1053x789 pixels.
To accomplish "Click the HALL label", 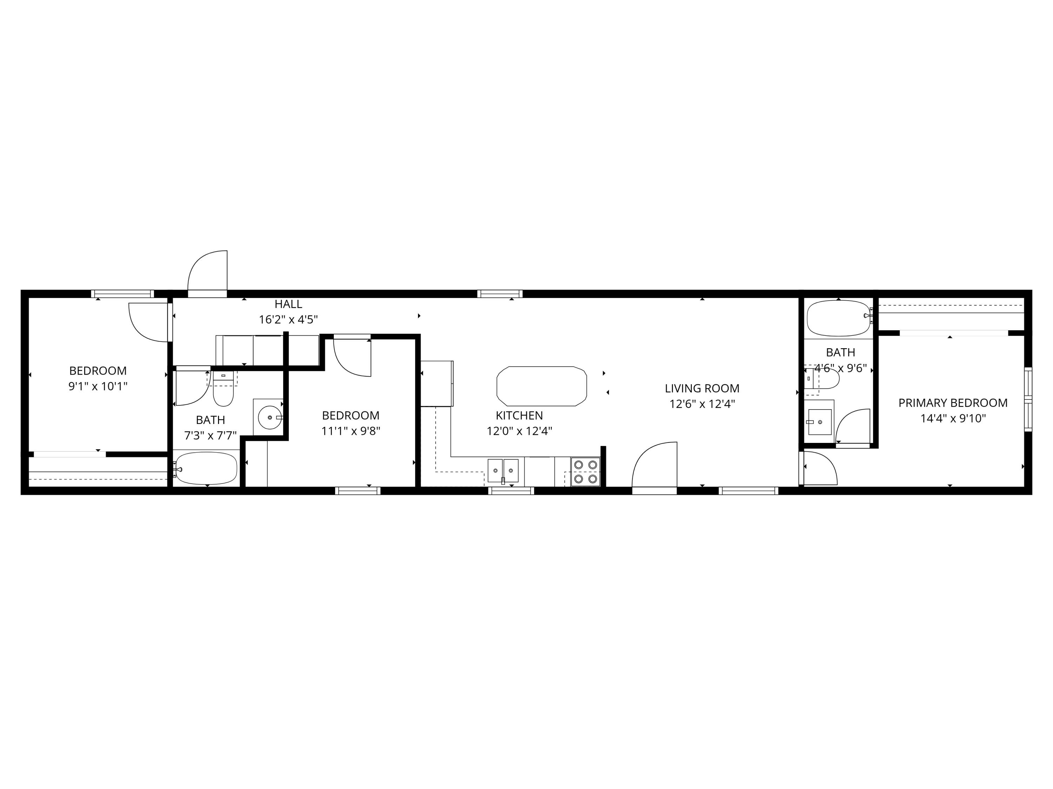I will point(288,304).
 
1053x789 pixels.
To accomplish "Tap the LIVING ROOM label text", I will point(702,388).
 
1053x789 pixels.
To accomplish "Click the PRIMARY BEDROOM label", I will point(953,403).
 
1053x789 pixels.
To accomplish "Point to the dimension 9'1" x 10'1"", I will point(98,386).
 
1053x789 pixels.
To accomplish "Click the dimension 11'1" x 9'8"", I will point(351,431).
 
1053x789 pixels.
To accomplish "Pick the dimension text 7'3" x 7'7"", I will point(210,435).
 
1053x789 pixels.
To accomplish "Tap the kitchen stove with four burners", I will point(585,471).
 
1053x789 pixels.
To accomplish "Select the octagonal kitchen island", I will point(541,386).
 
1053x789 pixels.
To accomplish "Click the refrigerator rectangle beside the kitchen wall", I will point(437,383).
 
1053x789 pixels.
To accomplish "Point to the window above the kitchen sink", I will point(512,491).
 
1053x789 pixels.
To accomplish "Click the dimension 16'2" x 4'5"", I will point(288,319).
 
